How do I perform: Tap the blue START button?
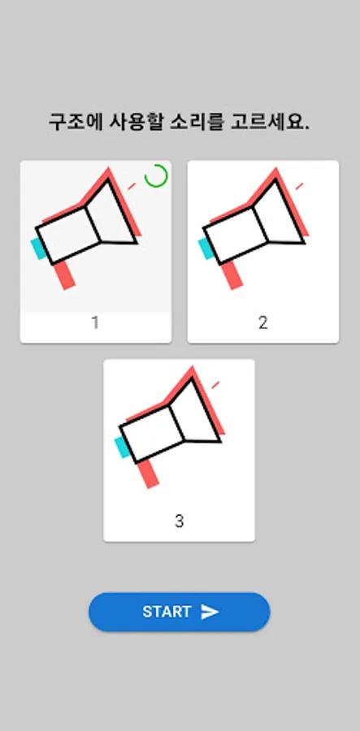point(179,612)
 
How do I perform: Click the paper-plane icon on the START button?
point(210,612)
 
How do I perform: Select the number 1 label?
point(95,322)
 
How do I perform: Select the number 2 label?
point(263,322)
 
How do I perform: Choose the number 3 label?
point(179,521)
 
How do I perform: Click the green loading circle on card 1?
point(156,176)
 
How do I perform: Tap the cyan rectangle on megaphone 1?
point(37,249)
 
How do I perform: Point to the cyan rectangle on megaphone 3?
point(122,447)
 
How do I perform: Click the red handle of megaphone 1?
point(64,275)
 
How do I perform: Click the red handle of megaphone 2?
point(232,275)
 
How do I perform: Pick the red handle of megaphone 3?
point(148,474)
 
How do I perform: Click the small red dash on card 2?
point(299,186)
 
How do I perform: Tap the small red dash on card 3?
point(215,385)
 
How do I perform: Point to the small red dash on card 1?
point(132,186)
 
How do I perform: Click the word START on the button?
point(167,612)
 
